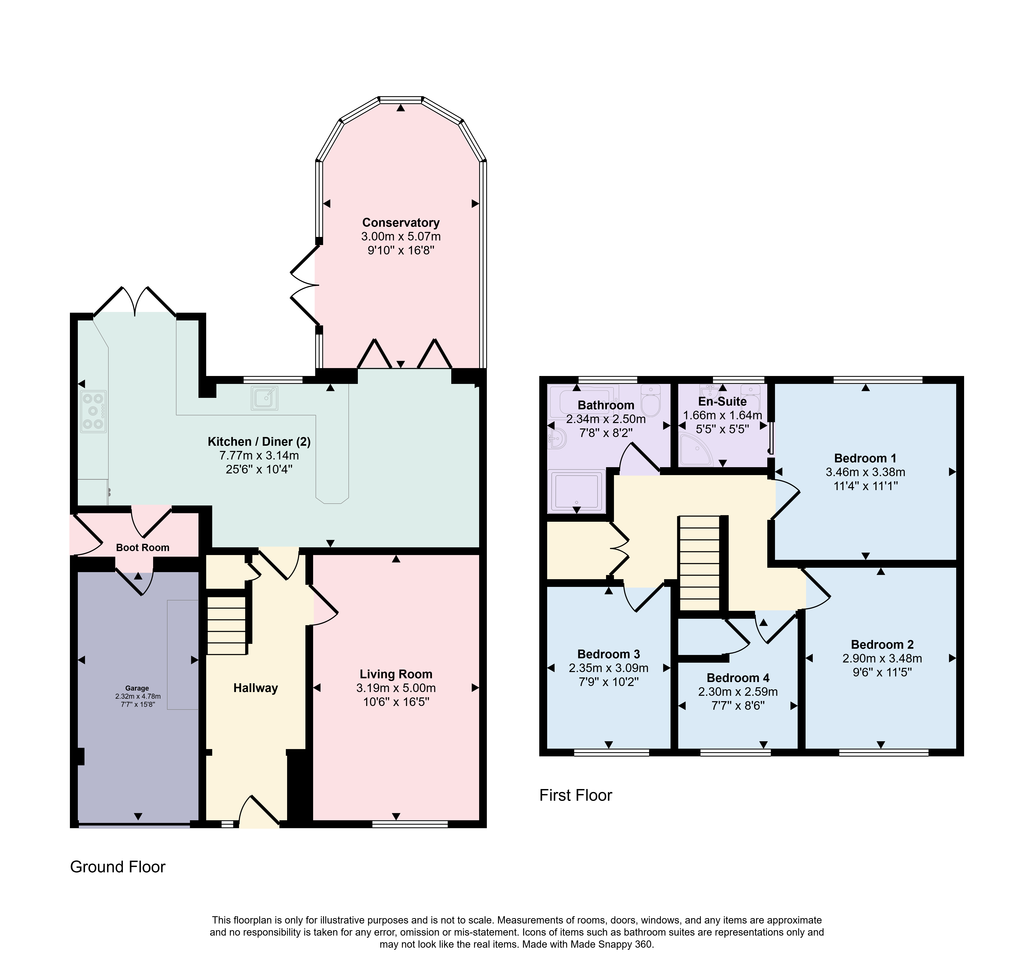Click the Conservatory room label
click(400, 223)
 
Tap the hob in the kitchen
click(94, 411)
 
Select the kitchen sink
click(264, 398)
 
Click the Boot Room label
click(143, 548)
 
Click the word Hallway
click(255, 688)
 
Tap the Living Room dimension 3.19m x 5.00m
click(396, 688)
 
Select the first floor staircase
click(699, 563)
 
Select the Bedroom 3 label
click(609, 654)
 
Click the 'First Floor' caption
click(576, 795)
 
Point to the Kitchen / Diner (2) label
click(259, 442)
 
